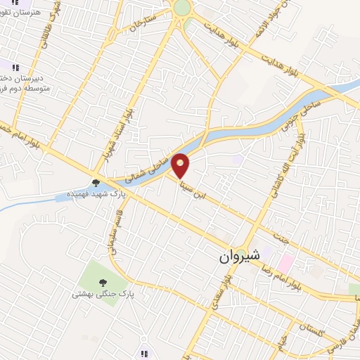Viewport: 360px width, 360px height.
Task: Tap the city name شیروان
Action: click(240, 257)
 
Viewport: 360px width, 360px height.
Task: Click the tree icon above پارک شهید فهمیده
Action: click(95, 182)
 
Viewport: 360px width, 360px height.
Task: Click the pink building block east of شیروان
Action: click(287, 262)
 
